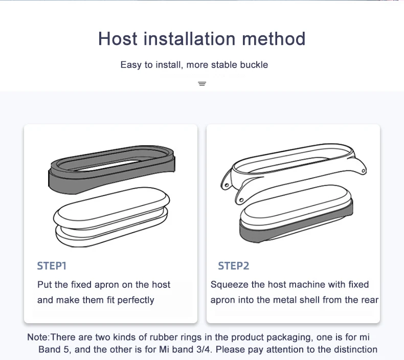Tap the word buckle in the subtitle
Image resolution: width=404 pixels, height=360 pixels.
click(x=254, y=65)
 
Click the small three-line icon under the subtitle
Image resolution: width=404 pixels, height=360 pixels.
click(x=202, y=83)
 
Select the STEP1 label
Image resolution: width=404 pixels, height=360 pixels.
click(x=52, y=266)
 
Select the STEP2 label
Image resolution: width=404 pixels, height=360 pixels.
click(x=233, y=266)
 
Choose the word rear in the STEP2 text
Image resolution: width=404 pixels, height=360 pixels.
click(x=369, y=300)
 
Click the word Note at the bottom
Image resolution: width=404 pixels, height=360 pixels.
click(x=37, y=337)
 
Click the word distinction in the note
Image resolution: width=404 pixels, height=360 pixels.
click(x=352, y=350)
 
